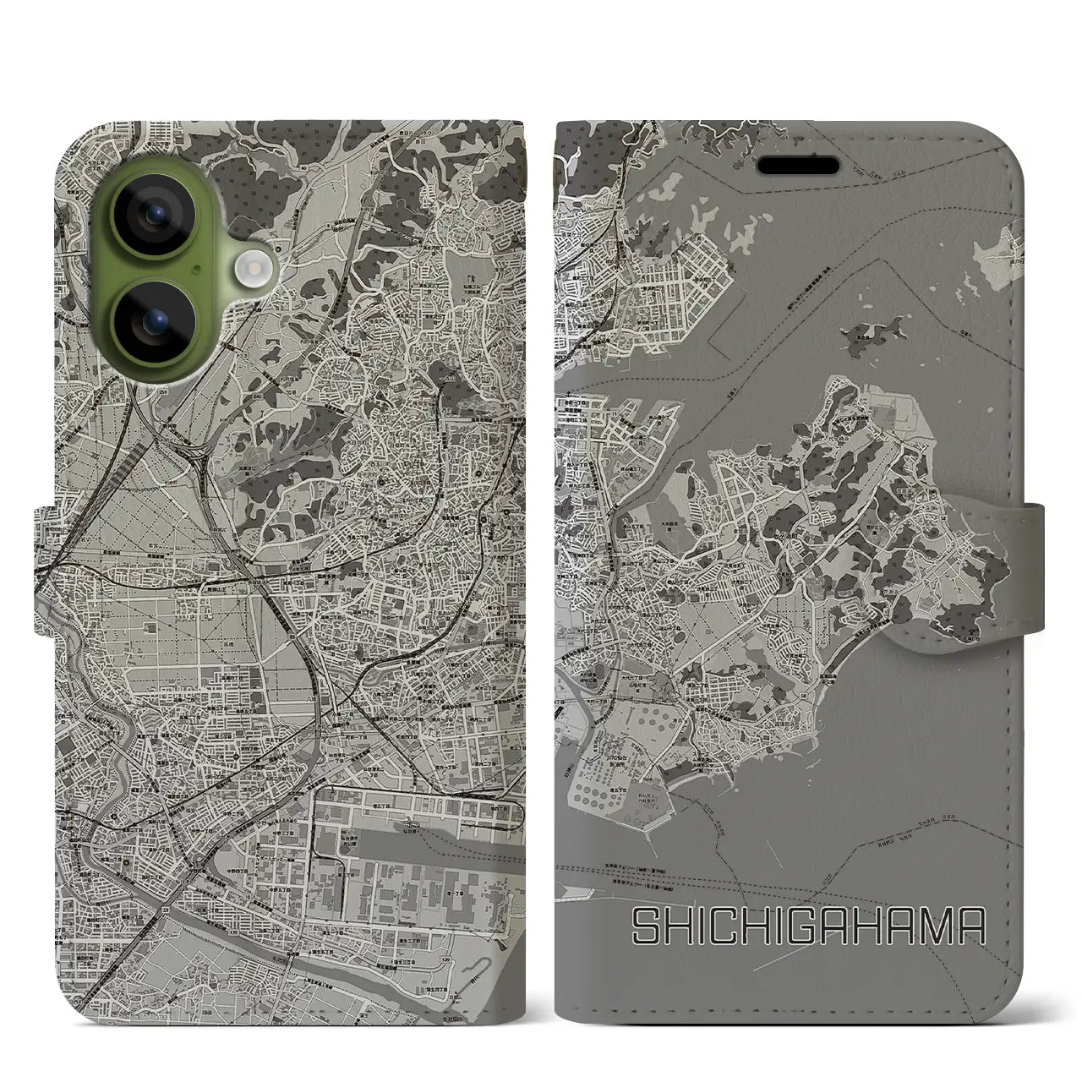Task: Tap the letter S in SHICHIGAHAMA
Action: point(647,927)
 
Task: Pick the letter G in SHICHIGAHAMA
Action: point(809,927)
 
